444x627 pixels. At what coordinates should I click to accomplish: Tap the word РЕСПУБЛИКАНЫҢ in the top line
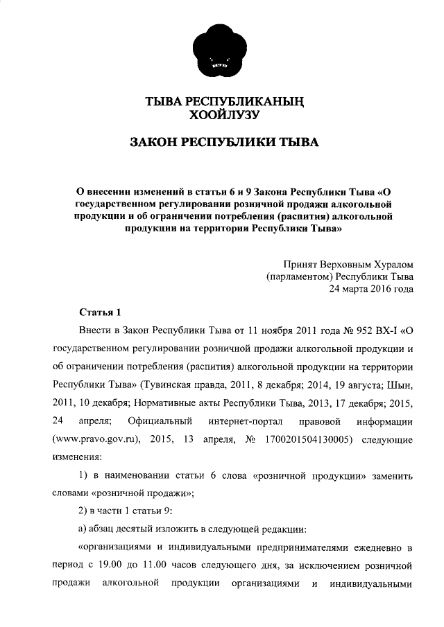coord(252,102)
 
